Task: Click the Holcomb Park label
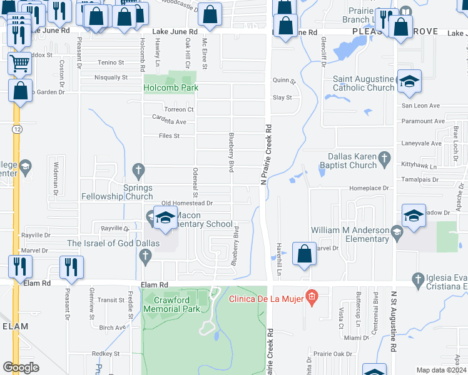(171, 88)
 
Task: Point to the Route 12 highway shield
(16, 128)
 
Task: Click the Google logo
(21, 367)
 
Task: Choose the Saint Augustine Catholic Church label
(364, 83)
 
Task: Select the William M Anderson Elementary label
(352, 234)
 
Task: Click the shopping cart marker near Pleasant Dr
(19, 62)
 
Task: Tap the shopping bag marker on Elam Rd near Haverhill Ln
(304, 254)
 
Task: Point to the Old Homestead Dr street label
(187, 203)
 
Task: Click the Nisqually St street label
(110, 78)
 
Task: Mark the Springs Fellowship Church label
(117, 192)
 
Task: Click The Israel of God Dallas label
(113, 243)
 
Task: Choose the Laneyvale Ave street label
(422, 143)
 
